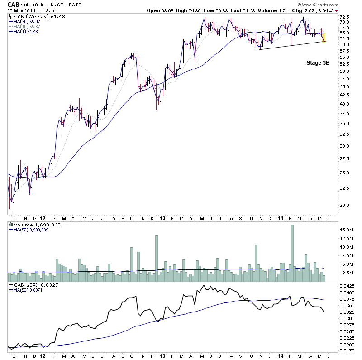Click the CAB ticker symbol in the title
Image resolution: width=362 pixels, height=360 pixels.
pyautogui.click(x=14, y=4)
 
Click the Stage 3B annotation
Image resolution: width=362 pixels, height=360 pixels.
pyautogui.click(x=317, y=63)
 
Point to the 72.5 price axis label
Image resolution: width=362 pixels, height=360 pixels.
pyautogui.click(x=344, y=16)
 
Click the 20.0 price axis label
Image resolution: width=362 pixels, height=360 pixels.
pyautogui.click(x=344, y=205)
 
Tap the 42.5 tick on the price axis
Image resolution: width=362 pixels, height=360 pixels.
pyautogui.click(x=344, y=95)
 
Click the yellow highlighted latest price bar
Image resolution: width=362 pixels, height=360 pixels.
pyautogui.click(x=324, y=38)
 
